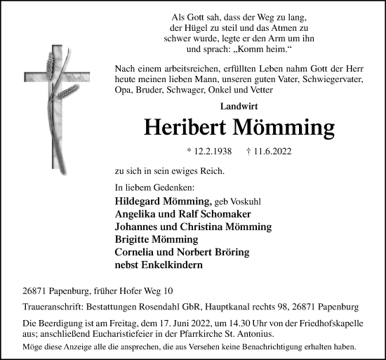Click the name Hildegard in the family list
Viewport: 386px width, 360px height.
(x=142, y=201)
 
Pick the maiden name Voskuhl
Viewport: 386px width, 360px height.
(x=237, y=201)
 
